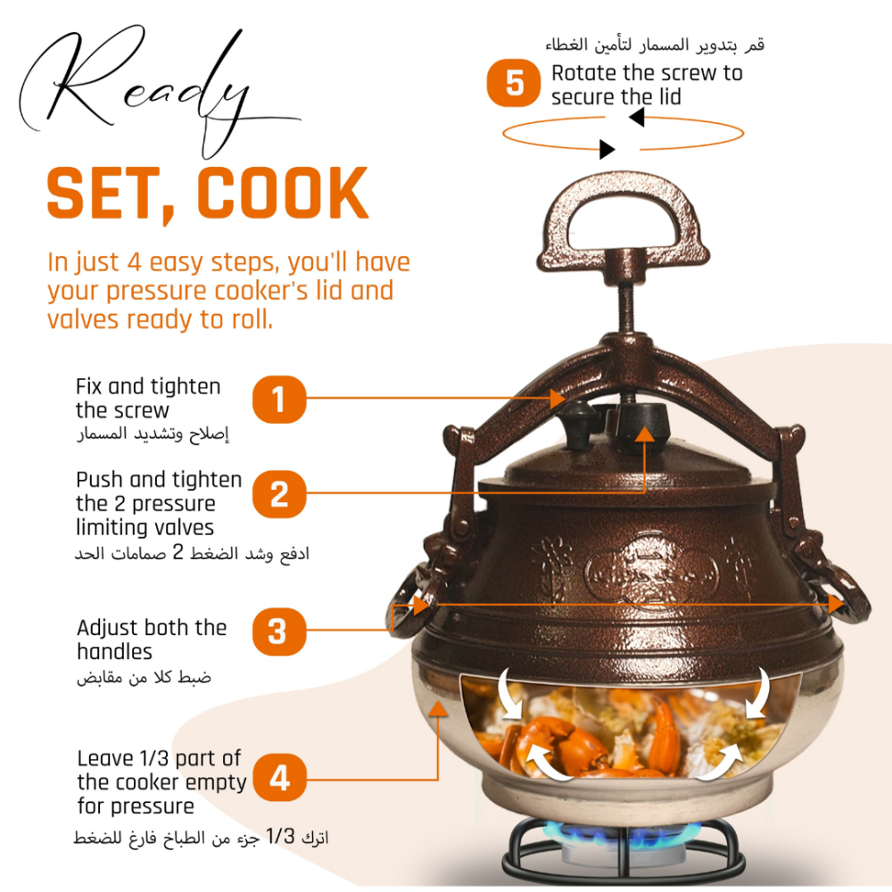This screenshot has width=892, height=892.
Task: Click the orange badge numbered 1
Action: coord(278,400)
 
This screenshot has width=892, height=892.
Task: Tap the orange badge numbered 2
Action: coord(278,494)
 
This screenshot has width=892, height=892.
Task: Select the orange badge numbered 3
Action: coord(278,631)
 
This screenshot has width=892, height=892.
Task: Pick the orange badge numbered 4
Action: coord(279,777)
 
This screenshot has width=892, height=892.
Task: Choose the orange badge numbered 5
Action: coord(514,83)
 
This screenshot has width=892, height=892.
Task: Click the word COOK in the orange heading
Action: coord(283,194)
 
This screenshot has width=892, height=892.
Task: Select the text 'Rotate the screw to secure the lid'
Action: coord(647,85)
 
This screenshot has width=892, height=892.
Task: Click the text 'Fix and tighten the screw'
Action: coord(148,398)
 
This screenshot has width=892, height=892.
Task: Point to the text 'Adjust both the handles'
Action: coord(152,640)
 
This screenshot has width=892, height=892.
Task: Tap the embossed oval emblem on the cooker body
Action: coord(652,573)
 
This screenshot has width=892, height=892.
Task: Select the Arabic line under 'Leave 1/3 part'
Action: coord(201,837)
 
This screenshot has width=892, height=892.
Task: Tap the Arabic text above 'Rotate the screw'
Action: coord(655,45)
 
